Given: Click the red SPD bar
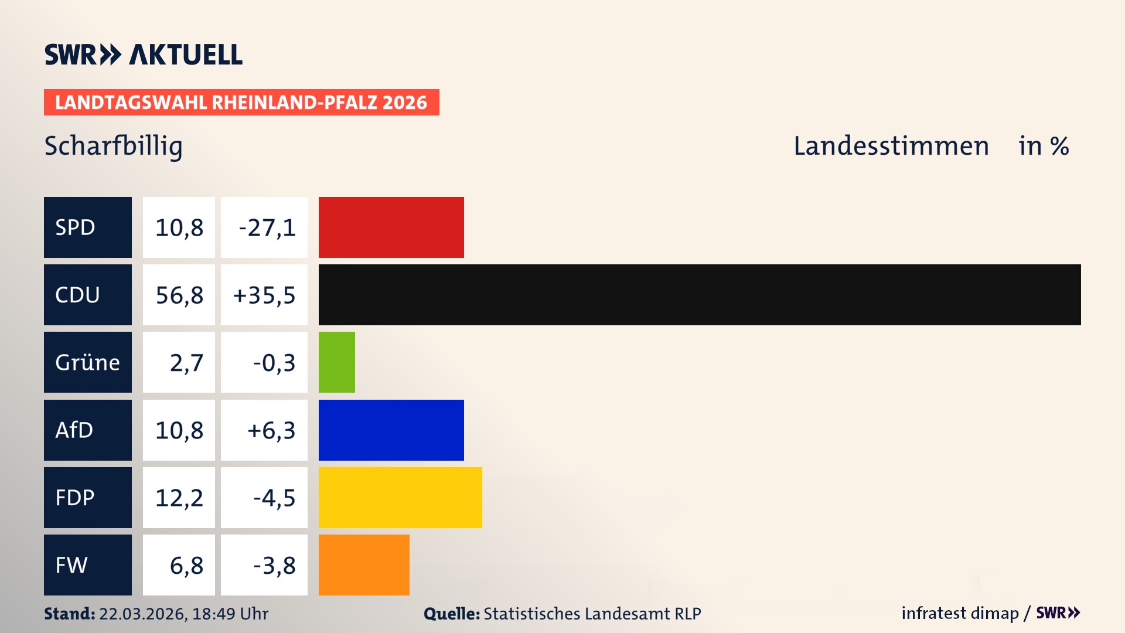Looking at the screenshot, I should pyautogui.click(x=391, y=227).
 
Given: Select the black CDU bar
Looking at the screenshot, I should pyautogui.click(x=699, y=295).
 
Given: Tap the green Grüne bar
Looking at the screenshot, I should pyautogui.click(x=337, y=362).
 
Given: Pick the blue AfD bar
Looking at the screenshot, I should pyautogui.click(x=391, y=430).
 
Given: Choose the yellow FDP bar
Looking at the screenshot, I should pyautogui.click(x=400, y=497).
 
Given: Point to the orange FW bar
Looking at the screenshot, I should pyautogui.click(x=364, y=565).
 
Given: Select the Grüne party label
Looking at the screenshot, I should pyautogui.click(x=87, y=362).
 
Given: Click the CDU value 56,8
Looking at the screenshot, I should pyautogui.click(x=179, y=295).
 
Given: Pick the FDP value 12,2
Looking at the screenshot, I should pyautogui.click(x=179, y=498).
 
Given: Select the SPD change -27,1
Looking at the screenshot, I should pyautogui.click(x=267, y=227).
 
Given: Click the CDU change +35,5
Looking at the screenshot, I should pyautogui.click(x=264, y=295).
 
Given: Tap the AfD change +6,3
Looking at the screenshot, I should pyautogui.click(x=271, y=430).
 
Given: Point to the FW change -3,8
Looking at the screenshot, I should pyautogui.click(x=274, y=566).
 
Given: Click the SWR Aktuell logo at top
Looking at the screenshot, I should pyautogui.click(x=144, y=55).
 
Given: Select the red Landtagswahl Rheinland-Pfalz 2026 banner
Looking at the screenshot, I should pyautogui.click(x=241, y=103).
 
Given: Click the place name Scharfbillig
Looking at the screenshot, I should pyautogui.click(x=114, y=146).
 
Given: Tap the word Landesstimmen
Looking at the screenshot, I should pyautogui.click(x=891, y=146).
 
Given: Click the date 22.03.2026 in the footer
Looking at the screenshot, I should pyautogui.click(x=142, y=614).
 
